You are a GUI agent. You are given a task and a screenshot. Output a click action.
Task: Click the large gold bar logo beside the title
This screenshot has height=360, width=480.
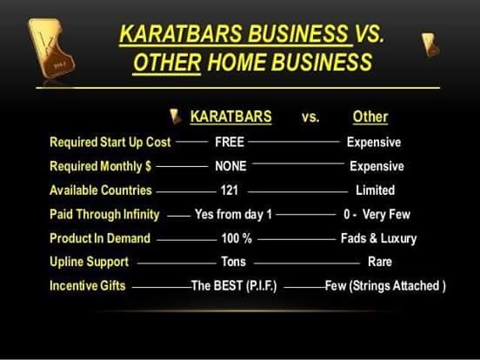pos(51,48)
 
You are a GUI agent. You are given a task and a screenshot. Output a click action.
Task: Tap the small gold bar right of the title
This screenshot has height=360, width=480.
pos(430,44)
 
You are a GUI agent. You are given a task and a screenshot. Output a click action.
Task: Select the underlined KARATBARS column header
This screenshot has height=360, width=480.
pos(230,117)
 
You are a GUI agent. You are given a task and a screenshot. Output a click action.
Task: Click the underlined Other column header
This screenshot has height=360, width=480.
pos(370,117)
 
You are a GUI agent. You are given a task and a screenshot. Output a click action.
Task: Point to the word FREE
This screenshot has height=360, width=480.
pos(230,142)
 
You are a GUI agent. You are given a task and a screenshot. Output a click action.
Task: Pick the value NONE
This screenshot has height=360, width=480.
pos(230,166)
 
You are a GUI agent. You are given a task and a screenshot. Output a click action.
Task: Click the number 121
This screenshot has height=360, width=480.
pos(230,190)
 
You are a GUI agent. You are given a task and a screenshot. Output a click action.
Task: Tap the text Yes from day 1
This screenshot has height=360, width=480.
pos(233,214)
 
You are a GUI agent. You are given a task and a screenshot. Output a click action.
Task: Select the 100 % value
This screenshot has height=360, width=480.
pos(237,238)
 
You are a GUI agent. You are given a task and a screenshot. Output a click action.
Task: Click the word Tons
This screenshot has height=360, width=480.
pos(234,262)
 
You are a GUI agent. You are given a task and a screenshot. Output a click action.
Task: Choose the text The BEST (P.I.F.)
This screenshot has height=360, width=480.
pos(234,286)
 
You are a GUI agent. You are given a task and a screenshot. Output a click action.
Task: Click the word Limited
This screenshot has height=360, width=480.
pos(376,190)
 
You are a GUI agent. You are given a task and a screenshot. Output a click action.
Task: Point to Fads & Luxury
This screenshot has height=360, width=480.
pos(379,238)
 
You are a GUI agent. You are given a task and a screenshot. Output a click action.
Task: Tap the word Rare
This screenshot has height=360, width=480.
pos(380,262)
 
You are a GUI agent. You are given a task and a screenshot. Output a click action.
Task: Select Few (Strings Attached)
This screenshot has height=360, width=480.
pos(385,286)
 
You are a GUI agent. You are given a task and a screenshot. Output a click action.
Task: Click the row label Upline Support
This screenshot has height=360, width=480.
pos(89,262)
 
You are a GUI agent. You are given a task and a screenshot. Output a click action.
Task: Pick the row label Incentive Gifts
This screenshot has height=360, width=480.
pos(88,285)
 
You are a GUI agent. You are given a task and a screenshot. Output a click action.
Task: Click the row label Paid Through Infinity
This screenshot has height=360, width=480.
pos(104,215)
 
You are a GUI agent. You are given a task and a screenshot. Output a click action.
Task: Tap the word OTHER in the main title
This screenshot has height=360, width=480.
pos(167,62)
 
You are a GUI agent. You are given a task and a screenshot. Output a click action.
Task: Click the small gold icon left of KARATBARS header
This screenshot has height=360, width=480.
pos(176,117)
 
